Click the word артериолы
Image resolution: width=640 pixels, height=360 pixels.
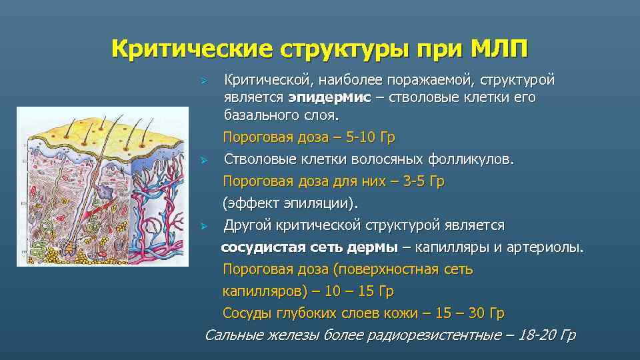coord(547,247)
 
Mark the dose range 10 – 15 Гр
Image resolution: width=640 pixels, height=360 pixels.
coord(361,291)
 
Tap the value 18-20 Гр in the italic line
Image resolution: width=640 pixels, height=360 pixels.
coord(549,335)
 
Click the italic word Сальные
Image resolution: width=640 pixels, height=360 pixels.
coord(231,335)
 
